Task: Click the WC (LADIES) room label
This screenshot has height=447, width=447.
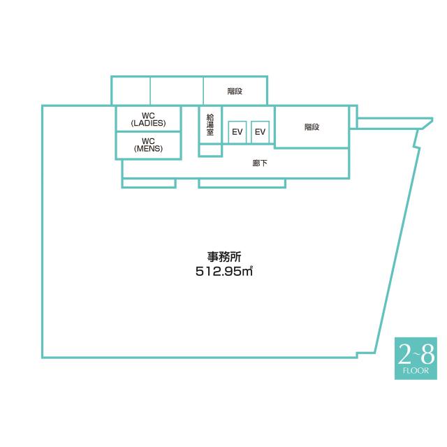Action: [148, 119]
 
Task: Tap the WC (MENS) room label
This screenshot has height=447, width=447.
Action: [148, 145]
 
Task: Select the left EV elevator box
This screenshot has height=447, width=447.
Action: [237, 132]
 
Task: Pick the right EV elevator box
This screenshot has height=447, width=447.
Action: [260, 132]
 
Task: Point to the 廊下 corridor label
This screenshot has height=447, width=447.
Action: [260, 164]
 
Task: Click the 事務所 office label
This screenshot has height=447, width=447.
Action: [223, 256]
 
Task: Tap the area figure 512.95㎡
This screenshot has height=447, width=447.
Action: [223, 272]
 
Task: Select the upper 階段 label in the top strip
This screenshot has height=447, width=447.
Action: [235, 91]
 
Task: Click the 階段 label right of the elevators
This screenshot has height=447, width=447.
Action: [312, 127]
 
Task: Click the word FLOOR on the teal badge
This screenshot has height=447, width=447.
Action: [416, 371]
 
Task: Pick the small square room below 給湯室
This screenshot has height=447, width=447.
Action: [210, 151]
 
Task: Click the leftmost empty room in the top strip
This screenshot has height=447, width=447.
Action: [131, 91]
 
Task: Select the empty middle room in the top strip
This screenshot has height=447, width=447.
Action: [177, 91]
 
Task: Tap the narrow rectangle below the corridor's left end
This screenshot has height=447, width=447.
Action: [148, 183]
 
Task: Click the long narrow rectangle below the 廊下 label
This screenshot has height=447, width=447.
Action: [242, 183]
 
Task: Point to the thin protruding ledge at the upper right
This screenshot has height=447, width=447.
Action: [391, 123]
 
